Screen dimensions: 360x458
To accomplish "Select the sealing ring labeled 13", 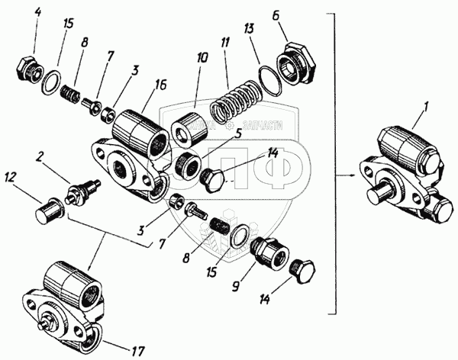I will pyautogui.click(x=268, y=82).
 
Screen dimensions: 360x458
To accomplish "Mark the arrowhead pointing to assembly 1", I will pyautogui.click(x=353, y=175).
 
